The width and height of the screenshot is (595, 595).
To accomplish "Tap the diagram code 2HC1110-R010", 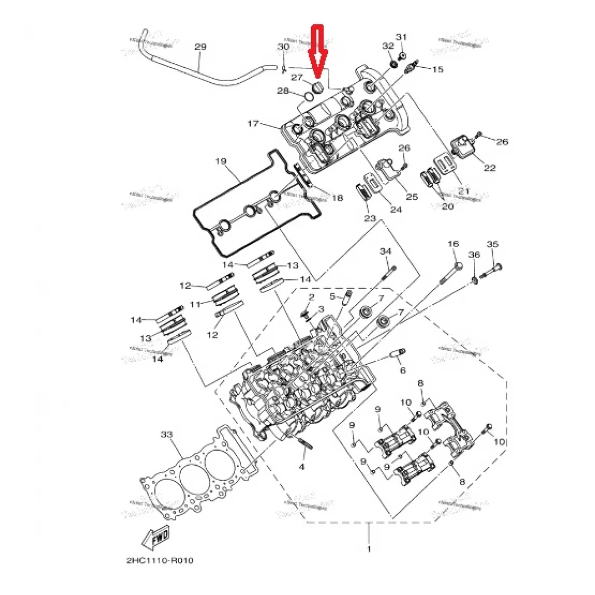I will point(160,560).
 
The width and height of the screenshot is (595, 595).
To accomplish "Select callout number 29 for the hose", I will point(200,48).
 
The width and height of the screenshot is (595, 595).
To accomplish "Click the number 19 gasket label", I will point(221,161).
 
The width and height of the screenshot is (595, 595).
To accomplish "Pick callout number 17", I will point(253,124).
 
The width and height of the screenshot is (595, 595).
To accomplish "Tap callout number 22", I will point(490,168).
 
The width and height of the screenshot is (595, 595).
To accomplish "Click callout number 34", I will point(385,252).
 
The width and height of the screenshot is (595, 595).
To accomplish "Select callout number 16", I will point(453,244).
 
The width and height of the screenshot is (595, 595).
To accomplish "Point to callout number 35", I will point(492,244).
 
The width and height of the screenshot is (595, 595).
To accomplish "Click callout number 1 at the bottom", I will point(369,550).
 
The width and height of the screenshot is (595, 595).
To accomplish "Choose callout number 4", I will point(302,467).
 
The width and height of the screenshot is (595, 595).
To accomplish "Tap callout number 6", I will point(402,371).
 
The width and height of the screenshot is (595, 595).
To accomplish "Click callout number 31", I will point(401,37).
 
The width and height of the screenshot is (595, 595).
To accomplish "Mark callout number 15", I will point(437,69).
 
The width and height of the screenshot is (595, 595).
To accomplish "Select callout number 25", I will point(412,197).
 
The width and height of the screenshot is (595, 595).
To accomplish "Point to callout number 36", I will point(474,255).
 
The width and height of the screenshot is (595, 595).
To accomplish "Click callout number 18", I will point(337,199).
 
